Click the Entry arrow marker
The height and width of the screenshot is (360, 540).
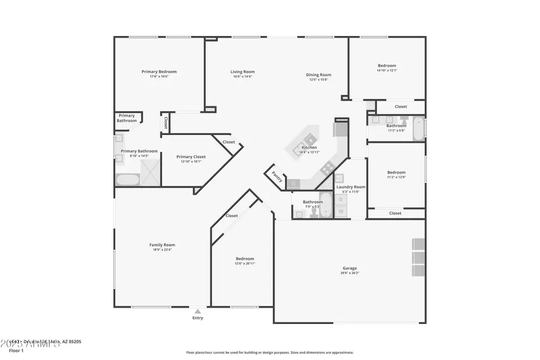pos(197,311)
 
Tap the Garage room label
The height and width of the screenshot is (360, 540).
pos(350,268)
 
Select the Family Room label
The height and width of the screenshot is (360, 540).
pos(162,245)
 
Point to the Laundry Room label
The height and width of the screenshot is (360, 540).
pos(351,187)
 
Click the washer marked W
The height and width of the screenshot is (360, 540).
pos(341,211)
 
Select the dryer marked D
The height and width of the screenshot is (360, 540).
pos(341,199)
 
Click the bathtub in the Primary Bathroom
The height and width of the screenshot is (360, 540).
pos(127,179)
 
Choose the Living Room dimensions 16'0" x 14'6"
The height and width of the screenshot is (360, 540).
pos(242,76)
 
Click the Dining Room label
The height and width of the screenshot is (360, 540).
pos(320,75)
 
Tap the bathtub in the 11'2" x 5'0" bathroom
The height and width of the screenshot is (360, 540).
pos(419,128)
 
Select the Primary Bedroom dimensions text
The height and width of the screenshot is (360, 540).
pos(159,76)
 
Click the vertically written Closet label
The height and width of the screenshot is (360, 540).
pos(165,122)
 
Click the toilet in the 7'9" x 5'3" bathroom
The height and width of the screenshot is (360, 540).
pos(313,214)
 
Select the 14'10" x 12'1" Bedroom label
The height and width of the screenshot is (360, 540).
pos(386,65)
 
